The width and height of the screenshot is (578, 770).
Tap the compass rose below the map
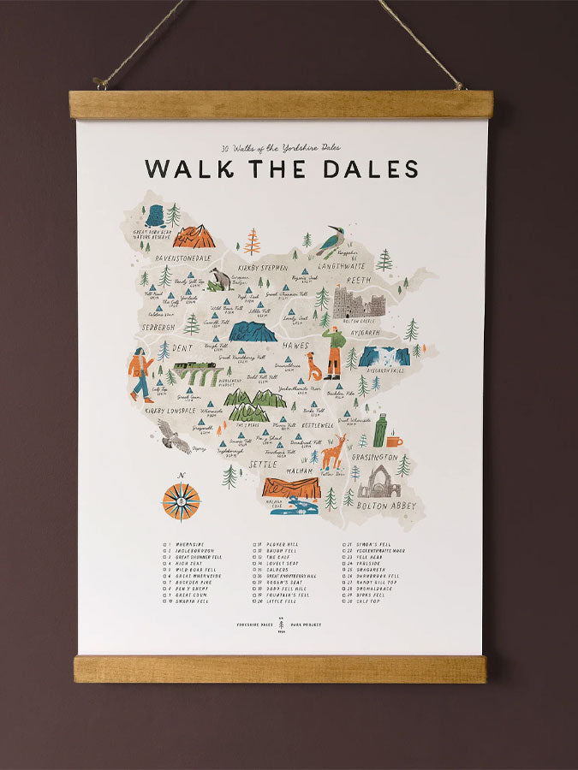point(181,501)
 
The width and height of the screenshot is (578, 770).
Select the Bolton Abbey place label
point(385,506)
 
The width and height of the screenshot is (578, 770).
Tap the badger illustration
point(221,280)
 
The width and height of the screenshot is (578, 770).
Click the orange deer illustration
point(333,452)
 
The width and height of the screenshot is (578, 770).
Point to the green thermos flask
point(379,430)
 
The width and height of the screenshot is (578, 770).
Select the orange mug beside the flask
point(393,441)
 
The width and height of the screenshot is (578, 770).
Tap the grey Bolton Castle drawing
point(359,303)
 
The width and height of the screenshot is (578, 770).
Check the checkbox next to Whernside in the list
point(165,544)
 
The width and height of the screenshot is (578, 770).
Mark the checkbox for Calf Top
point(346,601)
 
